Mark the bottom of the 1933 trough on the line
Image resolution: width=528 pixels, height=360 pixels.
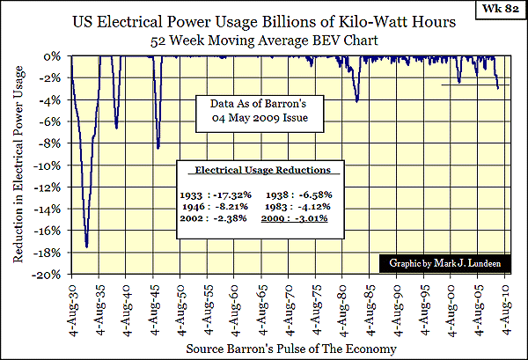pos(86,246)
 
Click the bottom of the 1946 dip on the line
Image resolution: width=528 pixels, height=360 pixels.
pos(158,148)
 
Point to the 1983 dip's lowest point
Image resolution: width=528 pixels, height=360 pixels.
pos(356,101)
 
